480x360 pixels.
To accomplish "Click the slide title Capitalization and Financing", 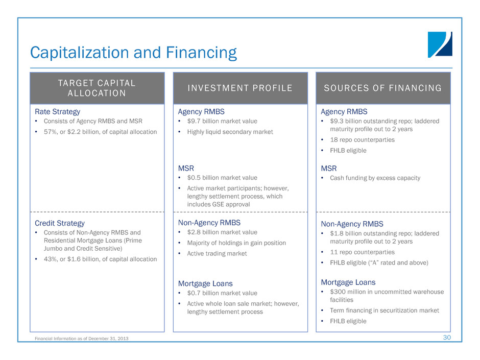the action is tap(133, 53).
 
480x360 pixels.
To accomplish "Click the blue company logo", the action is tap(440, 44).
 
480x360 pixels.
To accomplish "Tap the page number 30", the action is tap(447, 338).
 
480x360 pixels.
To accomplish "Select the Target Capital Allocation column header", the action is tap(97, 88).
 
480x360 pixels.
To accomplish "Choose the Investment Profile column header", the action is tap(241, 88).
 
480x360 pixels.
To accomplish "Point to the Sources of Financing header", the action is tap(383, 88).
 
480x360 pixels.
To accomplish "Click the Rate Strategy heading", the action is tap(58, 112).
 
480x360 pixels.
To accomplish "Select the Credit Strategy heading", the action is tap(60, 223).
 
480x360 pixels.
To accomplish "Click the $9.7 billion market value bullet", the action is tap(222, 121).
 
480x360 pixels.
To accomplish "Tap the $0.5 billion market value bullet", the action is tap(222, 178).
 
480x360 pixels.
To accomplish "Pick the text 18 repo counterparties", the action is tap(362, 140).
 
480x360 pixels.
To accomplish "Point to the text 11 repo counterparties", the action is tap(362, 252).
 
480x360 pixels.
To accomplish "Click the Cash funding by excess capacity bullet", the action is tap(375, 178).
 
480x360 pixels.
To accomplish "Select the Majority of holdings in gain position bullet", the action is tap(236, 243).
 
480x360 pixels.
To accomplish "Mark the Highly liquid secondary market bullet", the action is tap(230, 132).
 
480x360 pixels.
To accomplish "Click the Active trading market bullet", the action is tap(217, 253).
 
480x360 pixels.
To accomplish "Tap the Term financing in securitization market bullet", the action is tap(384, 310).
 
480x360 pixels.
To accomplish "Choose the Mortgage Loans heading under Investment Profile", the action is tap(205, 283).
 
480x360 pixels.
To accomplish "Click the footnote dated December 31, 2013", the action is tap(81, 339).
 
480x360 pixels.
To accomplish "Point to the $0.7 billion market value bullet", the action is tap(222, 293).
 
